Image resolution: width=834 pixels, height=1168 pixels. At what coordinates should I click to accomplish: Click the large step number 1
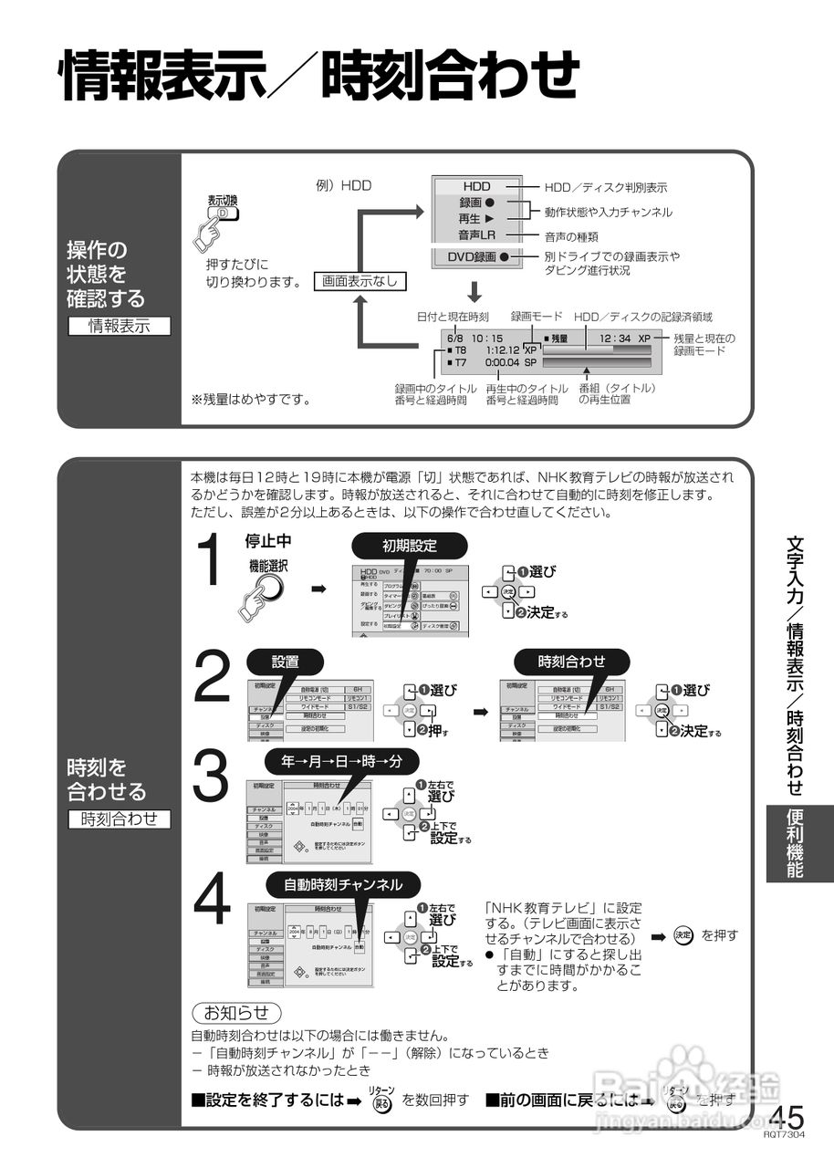[x=211, y=560]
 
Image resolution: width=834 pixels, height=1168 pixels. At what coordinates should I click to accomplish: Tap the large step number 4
[x=213, y=899]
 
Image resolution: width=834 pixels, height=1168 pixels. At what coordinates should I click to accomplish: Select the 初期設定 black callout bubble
[x=410, y=546]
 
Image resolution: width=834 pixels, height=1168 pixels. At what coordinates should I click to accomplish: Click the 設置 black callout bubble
[x=286, y=662]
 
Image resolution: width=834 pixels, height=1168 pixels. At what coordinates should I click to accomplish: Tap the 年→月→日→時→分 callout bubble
[x=340, y=759]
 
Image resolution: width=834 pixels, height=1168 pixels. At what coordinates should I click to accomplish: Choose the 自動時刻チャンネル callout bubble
[x=343, y=884]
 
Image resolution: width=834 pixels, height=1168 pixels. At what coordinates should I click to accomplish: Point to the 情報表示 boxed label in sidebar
[x=119, y=325]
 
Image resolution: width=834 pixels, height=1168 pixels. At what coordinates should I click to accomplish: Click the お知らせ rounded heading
[x=236, y=1012]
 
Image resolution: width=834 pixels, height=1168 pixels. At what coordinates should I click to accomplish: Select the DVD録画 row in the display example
[x=477, y=257]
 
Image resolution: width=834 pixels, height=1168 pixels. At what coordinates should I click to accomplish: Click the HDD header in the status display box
[x=476, y=186]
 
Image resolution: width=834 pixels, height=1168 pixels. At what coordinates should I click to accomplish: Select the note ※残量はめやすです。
[x=250, y=399]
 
